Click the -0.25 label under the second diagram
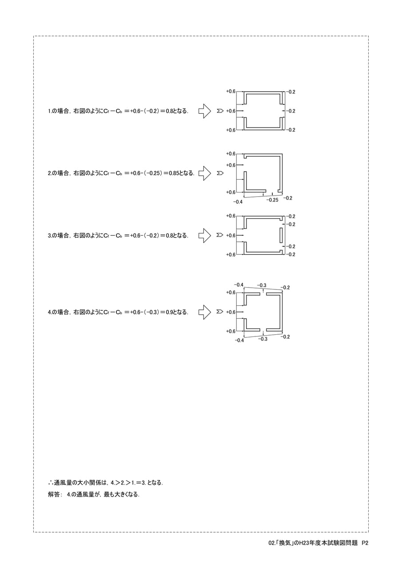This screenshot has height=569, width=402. pyautogui.click(x=272, y=200)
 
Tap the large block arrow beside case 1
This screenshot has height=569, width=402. pyautogui.click(x=204, y=111)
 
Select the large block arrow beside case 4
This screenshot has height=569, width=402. pyautogui.click(x=204, y=312)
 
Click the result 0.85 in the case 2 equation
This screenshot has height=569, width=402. pyautogui.click(x=174, y=173)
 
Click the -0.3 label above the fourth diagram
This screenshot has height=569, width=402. pyautogui.click(x=262, y=285)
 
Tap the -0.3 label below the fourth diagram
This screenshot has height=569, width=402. pyautogui.click(x=263, y=339)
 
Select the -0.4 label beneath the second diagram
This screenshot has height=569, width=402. pyautogui.click(x=238, y=202)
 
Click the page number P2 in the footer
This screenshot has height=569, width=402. pyautogui.click(x=365, y=543)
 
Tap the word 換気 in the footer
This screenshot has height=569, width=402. pyautogui.click(x=285, y=543)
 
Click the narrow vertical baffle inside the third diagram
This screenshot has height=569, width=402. pyautogui.click(x=281, y=235)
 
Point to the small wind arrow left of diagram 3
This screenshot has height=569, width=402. pyautogui.click(x=220, y=235)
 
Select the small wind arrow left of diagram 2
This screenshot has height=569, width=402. pyautogui.click(x=220, y=173)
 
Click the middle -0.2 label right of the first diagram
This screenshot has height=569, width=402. pyautogui.click(x=291, y=111)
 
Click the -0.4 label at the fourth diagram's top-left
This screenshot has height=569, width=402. pyautogui.click(x=239, y=285)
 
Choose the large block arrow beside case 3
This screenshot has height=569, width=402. pyautogui.click(x=204, y=236)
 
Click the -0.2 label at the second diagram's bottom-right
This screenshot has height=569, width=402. pyautogui.click(x=287, y=198)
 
